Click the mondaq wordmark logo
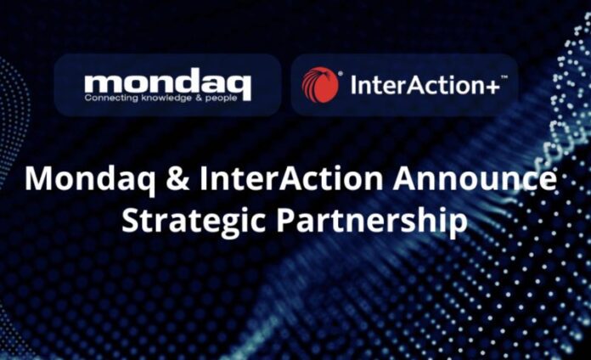tap(168, 85)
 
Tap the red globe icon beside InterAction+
tap(320, 85)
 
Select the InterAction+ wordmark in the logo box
tap(425, 85)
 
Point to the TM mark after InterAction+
tap(504, 77)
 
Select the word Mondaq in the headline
tap(90, 179)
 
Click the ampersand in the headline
tap(177, 178)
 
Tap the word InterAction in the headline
tap(291, 178)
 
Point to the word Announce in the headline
tap(475, 178)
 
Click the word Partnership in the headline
tap(372, 221)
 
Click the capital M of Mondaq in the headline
tap(38, 178)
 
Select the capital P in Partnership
tap(285, 220)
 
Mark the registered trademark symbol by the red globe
tap(341, 74)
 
